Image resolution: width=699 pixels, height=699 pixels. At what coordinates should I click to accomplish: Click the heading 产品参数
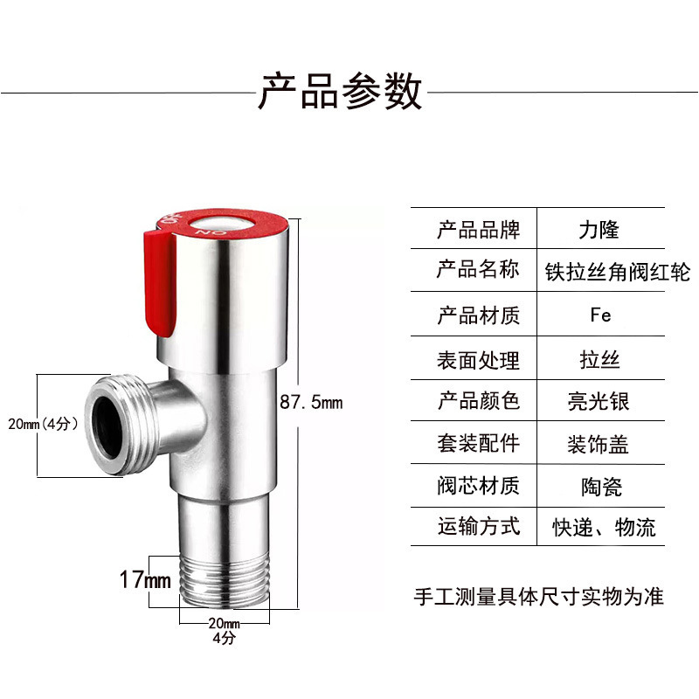[x=340, y=91]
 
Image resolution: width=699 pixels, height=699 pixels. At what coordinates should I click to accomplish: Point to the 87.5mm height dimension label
[x=312, y=402]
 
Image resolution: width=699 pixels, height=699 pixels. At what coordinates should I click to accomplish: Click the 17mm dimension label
[x=144, y=578]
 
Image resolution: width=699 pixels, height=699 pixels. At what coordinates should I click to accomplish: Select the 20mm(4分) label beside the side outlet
[x=43, y=425]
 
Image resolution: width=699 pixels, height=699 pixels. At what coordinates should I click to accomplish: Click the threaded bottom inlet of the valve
[x=225, y=585]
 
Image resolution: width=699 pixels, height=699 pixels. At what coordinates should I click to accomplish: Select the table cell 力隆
[x=599, y=231]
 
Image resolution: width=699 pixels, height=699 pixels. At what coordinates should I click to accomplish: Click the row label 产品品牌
[x=478, y=231]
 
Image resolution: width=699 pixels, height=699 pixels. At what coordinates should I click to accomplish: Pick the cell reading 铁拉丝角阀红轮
[x=616, y=273]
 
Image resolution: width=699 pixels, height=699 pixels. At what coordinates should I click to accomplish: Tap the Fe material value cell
[x=600, y=315]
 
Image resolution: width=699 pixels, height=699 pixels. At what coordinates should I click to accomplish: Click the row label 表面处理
[x=478, y=358]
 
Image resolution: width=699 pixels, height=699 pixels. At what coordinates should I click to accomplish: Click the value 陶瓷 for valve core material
[x=600, y=486]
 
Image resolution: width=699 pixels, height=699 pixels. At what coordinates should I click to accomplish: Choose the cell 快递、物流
[x=604, y=528]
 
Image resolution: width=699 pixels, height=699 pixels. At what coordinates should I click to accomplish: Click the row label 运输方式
[x=478, y=527]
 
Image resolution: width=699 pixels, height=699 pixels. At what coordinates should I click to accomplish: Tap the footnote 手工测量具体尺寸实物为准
[x=538, y=597]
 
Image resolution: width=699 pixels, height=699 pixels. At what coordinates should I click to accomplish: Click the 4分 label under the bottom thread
[x=224, y=638]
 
